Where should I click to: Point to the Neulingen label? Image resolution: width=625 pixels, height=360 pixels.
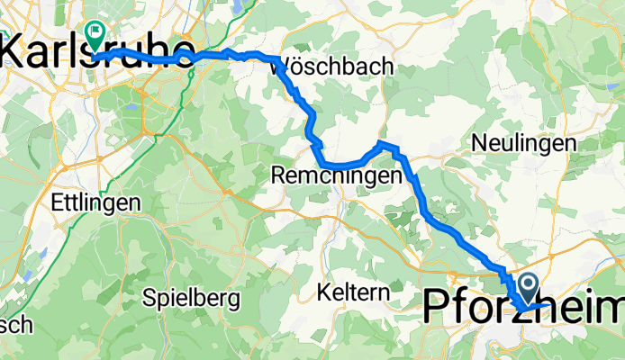point(523,143)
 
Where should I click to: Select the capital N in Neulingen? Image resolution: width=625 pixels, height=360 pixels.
point(477,143)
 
